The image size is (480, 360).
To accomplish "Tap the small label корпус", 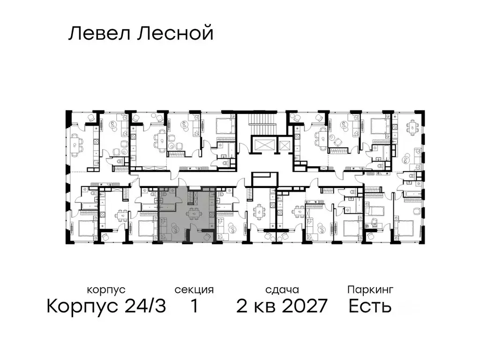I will [106, 290].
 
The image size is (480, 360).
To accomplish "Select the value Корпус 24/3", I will [106, 307].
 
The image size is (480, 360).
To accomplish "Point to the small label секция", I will [194, 290].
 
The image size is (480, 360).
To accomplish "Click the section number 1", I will [194, 307].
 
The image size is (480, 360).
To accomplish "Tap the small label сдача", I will [281, 290].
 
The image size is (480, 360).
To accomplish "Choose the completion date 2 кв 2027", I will [281, 307].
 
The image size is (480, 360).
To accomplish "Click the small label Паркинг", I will [370, 290].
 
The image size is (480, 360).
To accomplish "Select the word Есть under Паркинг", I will [370, 307].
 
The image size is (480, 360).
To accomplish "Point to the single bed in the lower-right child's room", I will [374, 210].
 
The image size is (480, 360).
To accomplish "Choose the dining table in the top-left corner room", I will [77, 141].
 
